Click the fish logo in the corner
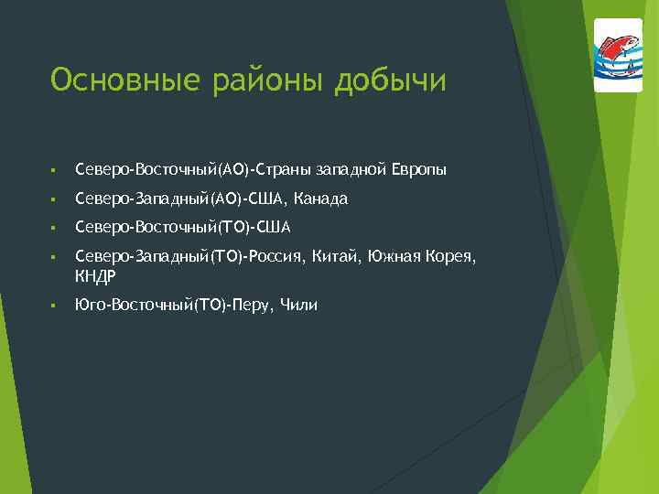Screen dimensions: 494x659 [x=618, y=55]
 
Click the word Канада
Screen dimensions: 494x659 [x=321, y=199]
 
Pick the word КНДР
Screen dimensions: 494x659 [x=95, y=275]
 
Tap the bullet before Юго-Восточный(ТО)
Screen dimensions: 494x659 [x=54, y=306]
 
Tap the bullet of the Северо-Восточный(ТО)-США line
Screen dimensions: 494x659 [x=54, y=227]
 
